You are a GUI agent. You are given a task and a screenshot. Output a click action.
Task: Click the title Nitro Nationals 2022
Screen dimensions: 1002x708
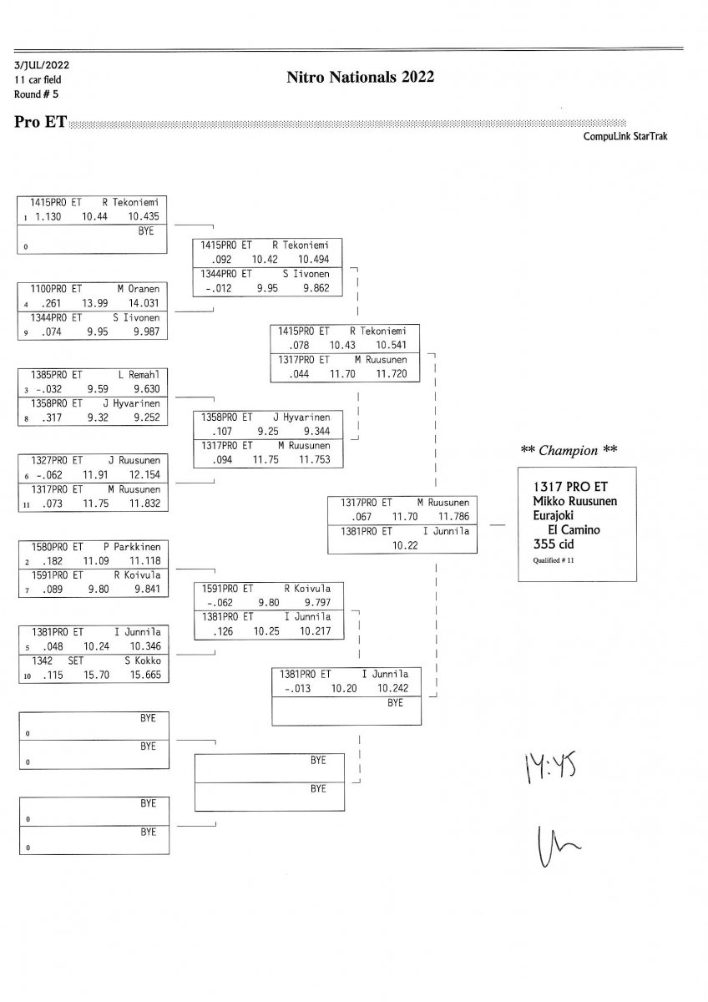360,78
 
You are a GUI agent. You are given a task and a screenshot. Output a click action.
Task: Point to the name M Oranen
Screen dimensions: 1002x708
138,289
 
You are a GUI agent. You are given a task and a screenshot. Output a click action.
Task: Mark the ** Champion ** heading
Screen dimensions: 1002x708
569,451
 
